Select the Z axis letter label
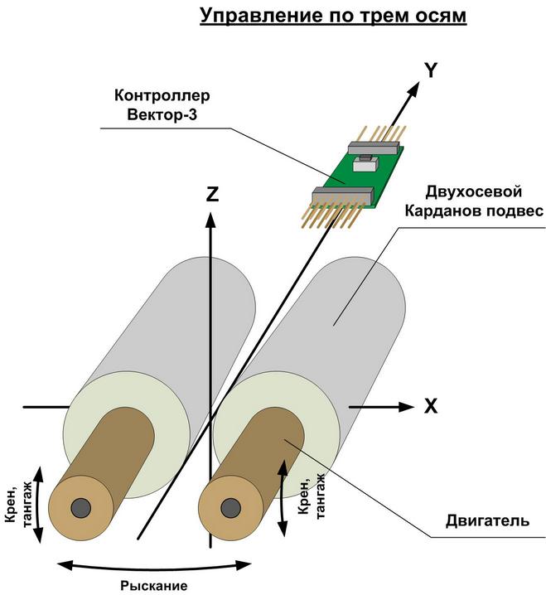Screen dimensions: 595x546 [x=212, y=195]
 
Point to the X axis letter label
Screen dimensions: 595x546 [x=431, y=407]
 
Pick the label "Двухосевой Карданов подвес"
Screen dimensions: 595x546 [x=473, y=201]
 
